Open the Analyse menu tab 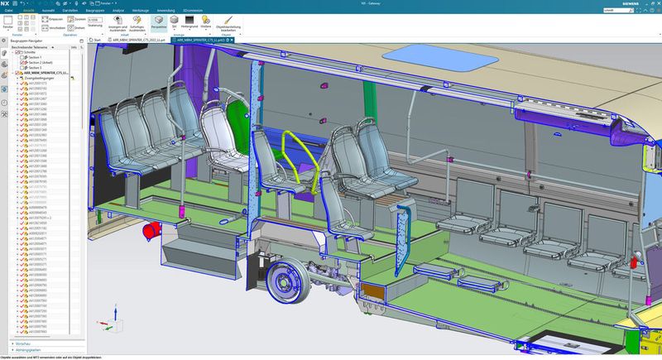[x=118, y=9]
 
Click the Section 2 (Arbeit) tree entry [x=39, y=62]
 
